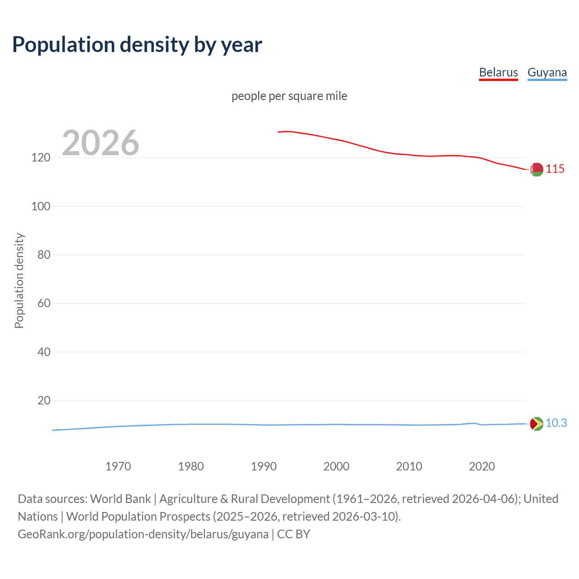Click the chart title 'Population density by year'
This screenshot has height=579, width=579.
(137, 45)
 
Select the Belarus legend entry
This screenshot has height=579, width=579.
(498, 72)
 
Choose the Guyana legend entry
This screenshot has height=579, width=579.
(547, 72)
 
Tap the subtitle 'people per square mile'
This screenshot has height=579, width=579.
(289, 96)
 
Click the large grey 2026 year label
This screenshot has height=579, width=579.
(100, 143)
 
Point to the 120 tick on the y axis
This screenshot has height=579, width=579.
(41, 158)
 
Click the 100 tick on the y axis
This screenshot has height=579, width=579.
(41, 206)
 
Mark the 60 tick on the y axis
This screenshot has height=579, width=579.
(44, 303)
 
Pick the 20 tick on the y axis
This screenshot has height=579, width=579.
(44, 400)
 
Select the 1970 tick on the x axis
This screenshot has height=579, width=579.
(118, 466)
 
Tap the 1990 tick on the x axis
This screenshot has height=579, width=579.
(264, 466)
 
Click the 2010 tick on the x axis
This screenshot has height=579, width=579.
(409, 466)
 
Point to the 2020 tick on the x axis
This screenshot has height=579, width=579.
(482, 466)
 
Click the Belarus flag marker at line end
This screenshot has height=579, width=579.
(536, 169)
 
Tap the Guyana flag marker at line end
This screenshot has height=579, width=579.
(536, 424)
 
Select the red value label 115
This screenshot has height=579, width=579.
(555, 169)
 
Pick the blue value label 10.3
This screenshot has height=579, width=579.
(556, 423)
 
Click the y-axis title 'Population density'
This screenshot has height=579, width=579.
(19, 280)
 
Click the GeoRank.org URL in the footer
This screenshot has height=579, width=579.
(143, 534)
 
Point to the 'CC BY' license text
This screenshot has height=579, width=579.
(294, 534)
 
